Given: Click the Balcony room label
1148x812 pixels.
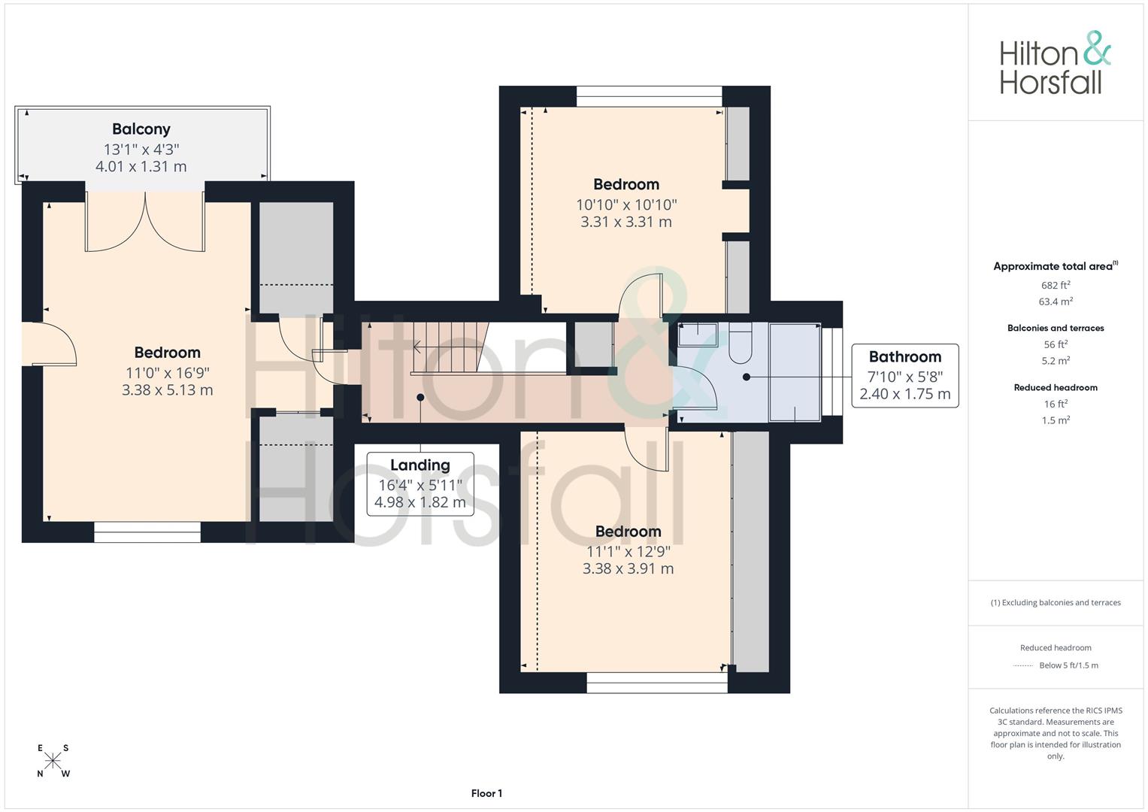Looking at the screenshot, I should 141,129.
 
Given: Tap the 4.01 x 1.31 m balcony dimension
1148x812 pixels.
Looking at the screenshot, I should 141,167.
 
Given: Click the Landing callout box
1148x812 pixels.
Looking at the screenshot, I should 420,483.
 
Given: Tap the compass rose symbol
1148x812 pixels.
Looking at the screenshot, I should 53,761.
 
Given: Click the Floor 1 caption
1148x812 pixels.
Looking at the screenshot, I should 486,793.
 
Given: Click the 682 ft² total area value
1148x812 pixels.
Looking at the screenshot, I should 1055,286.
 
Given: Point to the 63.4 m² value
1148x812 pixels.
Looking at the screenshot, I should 1055,301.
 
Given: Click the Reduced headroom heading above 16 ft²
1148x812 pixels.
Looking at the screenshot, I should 1055,388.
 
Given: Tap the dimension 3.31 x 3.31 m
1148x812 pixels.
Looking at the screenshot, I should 626,222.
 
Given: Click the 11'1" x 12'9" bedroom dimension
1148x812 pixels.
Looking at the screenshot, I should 628,551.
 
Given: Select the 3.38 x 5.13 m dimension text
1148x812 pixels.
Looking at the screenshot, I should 167,390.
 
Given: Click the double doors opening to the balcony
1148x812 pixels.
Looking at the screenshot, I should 145,222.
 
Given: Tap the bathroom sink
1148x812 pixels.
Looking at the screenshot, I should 698,334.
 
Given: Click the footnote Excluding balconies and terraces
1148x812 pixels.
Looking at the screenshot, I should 1055,603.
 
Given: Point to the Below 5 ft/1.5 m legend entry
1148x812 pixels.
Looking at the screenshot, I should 1068,665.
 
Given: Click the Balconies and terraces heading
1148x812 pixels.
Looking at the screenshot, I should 1055,329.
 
